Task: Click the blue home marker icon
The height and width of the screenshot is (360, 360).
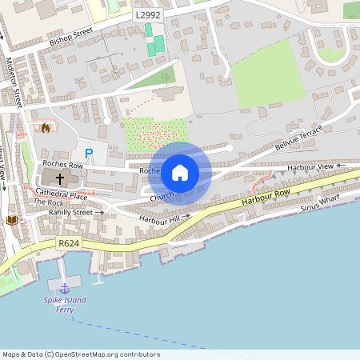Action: pos(180,172)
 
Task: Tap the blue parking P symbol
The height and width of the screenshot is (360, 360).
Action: pos(89,153)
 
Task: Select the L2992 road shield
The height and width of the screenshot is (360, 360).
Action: pos(148,14)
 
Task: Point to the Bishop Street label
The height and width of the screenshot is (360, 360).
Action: pos(71,37)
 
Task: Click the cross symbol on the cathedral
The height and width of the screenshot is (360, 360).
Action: pos(61,178)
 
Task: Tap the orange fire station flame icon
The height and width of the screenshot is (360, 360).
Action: pos(46,128)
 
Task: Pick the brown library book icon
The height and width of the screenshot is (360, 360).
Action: pos(11,219)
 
